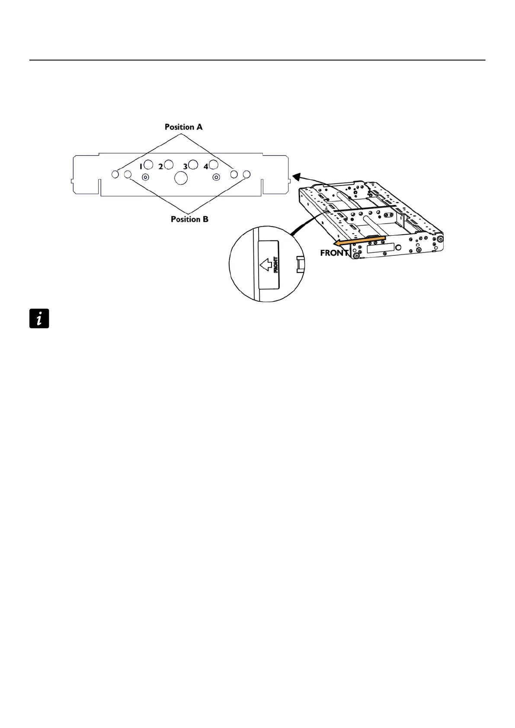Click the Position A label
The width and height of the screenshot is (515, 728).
183,127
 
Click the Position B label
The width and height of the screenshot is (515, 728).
189,219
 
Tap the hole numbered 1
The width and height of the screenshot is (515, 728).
148,164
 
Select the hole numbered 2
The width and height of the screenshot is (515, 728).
169,164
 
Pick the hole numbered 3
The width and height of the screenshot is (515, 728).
193,164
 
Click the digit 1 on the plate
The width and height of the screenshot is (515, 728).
141,166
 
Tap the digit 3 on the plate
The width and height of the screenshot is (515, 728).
185,166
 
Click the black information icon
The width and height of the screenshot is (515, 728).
39,319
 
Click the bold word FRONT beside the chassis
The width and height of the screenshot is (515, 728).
334,253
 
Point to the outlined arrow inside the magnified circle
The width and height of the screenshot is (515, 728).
265,264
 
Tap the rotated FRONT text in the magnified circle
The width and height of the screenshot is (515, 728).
275,265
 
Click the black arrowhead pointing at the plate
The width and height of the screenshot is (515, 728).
296,176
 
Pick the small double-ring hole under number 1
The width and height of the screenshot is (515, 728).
146,177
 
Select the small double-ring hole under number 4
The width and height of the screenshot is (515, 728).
217,177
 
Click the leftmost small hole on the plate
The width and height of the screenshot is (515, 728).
115,174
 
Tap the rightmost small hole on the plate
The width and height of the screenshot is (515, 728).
246,174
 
